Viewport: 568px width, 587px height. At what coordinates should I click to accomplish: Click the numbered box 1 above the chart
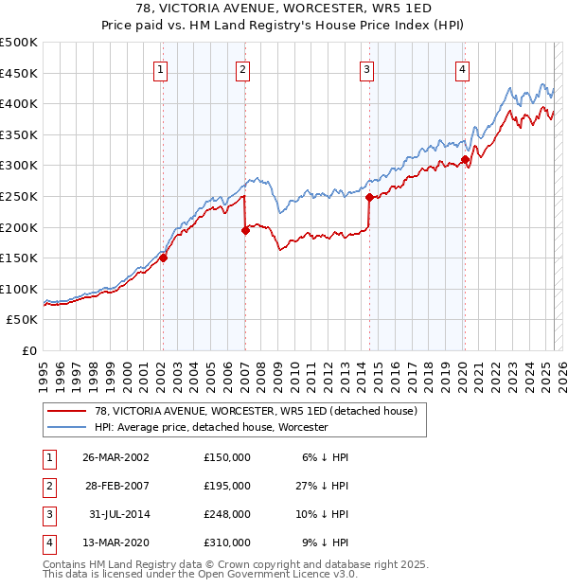coord(160,68)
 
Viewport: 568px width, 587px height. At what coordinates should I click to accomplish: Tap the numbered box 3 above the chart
coord(365,68)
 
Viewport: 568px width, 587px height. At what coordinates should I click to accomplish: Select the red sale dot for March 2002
coord(163,257)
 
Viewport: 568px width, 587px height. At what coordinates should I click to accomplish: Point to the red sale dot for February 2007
coord(245,229)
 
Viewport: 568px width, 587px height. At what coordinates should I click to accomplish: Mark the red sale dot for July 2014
coord(369,197)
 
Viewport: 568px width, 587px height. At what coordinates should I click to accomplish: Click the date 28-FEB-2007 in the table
coord(115,486)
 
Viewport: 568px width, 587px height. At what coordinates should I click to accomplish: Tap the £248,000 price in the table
coord(227,514)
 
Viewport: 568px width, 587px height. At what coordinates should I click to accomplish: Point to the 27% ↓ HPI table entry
coord(322,486)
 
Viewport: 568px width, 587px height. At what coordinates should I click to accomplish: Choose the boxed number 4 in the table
coord(48,543)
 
